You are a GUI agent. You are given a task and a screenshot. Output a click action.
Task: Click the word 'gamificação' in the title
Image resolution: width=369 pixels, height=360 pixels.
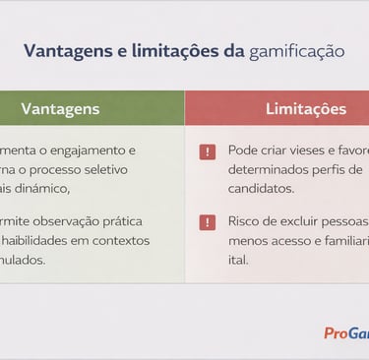click(x=297, y=51)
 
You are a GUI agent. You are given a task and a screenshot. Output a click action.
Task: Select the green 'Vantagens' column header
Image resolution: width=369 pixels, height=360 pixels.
click(x=60, y=109)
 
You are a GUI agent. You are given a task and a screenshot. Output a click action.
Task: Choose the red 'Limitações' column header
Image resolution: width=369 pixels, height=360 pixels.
click(x=305, y=109)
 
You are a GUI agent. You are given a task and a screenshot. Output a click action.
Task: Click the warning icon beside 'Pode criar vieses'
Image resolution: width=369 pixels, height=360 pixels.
click(x=207, y=152)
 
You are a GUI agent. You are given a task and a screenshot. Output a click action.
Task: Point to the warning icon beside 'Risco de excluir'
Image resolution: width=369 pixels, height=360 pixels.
click(x=207, y=222)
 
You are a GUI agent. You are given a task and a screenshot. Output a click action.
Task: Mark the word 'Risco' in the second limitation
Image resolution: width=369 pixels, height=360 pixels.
click(x=244, y=223)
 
